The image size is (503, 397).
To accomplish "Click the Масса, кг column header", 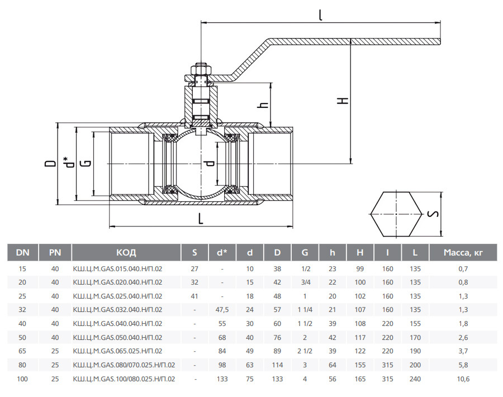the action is point(463,253).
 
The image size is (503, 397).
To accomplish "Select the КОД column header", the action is point(126,253).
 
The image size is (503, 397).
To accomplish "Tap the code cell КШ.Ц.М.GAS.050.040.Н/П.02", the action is point(118,337).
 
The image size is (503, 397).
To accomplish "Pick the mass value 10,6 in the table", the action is point(463,379).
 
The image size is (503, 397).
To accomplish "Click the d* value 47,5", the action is point(222,309).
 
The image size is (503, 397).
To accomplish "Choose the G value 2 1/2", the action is point(305,351).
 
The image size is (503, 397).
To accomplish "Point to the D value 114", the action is point(277,365).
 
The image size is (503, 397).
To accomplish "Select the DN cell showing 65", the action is point(22,351).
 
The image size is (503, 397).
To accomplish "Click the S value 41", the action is point(194,296).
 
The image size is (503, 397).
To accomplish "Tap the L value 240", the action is point(415,379).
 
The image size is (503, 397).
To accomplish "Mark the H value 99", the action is point(360,268).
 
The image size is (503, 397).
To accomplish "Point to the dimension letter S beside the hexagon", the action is point(433,214).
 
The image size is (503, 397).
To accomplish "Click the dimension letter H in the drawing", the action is point(343,101).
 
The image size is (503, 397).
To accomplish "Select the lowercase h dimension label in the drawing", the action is point(263,105).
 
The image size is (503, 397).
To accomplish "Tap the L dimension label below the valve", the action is point(201,219).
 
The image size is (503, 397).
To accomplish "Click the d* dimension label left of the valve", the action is point(68,162).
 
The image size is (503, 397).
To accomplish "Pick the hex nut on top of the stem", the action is point(201,70).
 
